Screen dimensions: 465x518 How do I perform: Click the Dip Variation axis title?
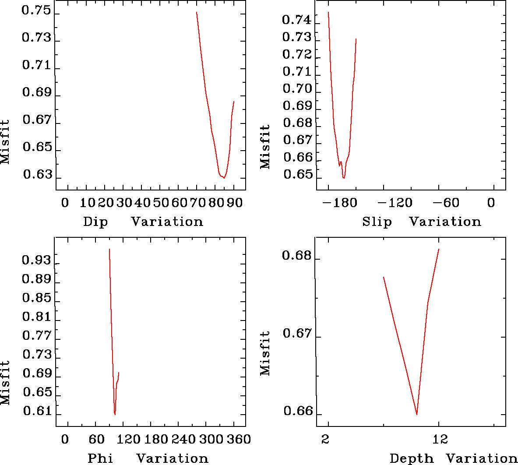[143, 222]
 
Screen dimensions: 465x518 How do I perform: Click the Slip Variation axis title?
[422, 222]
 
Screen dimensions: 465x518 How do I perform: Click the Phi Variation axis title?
[148, 458]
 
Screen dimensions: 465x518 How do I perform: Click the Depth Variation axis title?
[453, 458]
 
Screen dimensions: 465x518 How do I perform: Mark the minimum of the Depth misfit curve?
[416, 414]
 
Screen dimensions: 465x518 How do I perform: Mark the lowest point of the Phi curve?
[115, 414]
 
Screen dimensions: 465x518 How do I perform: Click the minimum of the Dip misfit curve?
[224, 178]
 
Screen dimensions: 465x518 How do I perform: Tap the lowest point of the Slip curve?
[344, 178]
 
